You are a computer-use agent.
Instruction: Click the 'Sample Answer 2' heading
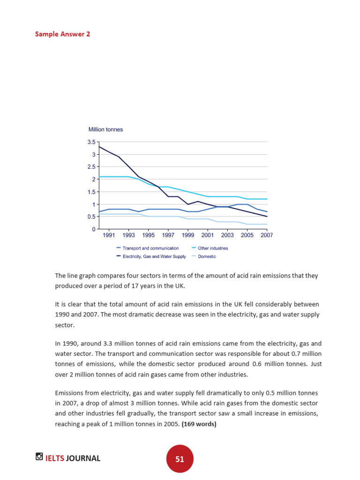[62, 34]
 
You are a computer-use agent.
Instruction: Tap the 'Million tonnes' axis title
[105, 129]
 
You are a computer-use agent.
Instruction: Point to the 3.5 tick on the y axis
[91, 142]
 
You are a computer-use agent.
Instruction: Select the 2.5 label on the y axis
[91, 167]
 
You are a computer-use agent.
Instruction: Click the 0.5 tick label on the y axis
[91, 217]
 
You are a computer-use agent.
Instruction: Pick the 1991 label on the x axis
[109, 235]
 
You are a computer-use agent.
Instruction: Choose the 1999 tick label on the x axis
[188, 235]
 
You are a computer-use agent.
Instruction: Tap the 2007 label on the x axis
[267, 235]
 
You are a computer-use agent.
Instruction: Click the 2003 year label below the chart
[227, 235]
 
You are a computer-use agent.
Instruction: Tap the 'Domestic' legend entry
[207, 256]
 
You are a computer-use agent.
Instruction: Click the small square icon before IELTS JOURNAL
[39, 457]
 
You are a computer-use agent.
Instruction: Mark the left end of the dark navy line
[99, 147]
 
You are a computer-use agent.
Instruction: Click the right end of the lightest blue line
[267, 224]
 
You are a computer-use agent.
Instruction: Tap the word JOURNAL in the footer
[83, 458]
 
